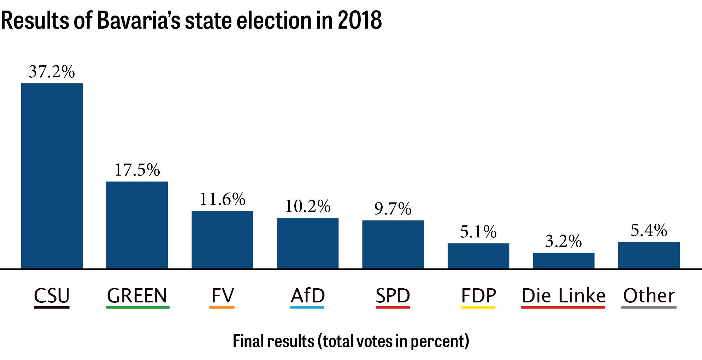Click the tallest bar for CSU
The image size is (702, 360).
tap(52, 176)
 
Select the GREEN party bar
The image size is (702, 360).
tap(137, 225)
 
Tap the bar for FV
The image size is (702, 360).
tap(222, 240)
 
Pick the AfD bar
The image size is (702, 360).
tap(308, 243)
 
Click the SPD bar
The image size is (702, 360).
tap(393, 244)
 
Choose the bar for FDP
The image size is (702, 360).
tap(478, 256)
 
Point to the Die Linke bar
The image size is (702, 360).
tap(564, 260)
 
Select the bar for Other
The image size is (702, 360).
tap(649, 255)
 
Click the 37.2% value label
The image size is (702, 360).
tap(52, 72)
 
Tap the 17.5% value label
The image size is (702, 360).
tap(137, 170)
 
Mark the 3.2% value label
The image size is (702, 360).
tap(564, 241)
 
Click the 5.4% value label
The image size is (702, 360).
tap(649, 230)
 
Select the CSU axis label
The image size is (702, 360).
tap(52, 295)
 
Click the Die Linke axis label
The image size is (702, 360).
tap(564, 295)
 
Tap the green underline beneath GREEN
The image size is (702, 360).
tap(138, 307)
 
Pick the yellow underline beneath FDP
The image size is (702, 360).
tap(478, 307)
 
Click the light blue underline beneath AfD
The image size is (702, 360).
tap(307, 307)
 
